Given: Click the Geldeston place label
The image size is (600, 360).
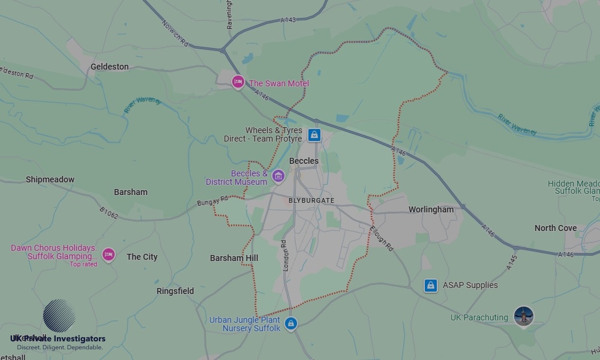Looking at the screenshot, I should coord(109,67).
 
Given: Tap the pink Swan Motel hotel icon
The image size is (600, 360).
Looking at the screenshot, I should coord(238,82).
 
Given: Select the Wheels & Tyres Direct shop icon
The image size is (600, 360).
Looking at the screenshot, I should coord(314,135).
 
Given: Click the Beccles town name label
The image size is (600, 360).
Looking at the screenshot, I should coord(304,161).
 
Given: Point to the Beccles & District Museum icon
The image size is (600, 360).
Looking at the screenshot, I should coord(278,176).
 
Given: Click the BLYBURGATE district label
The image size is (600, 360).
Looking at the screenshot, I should coord(311,200).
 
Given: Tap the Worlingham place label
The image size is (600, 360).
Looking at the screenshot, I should coord(431,209).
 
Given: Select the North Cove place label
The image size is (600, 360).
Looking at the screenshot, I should coord(556,228).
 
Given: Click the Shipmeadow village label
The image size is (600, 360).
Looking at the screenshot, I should coord(50,179).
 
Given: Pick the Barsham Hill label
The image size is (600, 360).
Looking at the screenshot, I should coord(234,258).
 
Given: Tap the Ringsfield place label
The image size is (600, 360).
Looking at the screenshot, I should coord(175,291).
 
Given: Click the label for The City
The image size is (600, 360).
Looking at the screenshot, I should coord(142,257).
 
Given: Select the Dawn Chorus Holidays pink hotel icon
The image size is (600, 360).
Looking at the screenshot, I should coord(108,255).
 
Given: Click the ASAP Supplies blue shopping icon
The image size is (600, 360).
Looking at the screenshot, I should coord(430,285).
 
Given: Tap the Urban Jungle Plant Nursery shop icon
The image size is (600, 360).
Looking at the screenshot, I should coord(291,323).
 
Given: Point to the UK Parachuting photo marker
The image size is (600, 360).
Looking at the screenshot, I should coord(524,316).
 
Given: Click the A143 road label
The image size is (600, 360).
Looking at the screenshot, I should coord(288,20).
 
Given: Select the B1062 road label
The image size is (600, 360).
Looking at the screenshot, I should coord(109,213).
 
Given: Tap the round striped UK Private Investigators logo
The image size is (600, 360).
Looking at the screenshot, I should coord(59,316).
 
